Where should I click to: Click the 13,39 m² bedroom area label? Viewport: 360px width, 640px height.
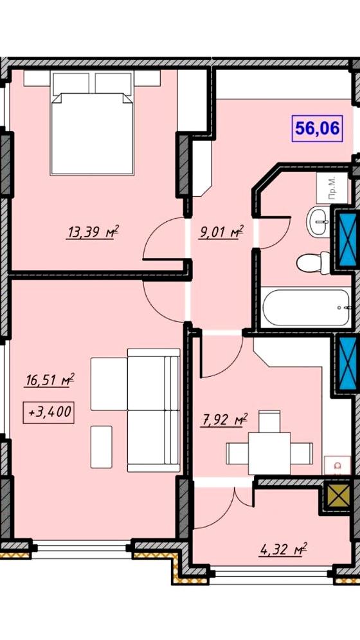tap(92, 233)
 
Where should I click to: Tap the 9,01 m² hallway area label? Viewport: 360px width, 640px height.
tap(221, 233)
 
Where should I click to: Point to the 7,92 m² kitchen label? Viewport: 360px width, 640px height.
tap(224, 419)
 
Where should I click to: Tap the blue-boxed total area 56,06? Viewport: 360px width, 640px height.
tap(317, 129)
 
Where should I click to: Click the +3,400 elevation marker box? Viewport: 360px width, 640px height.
tap(49, 412)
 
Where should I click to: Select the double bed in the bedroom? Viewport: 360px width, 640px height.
tap(93, 122)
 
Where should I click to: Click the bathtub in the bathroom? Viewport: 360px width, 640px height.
tap(306, 307)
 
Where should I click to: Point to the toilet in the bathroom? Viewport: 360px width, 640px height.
tap(314, 263)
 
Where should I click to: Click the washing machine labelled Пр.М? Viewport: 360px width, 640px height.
tap(332, 188)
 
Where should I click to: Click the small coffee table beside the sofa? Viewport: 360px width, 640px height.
tap(101, 446)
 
